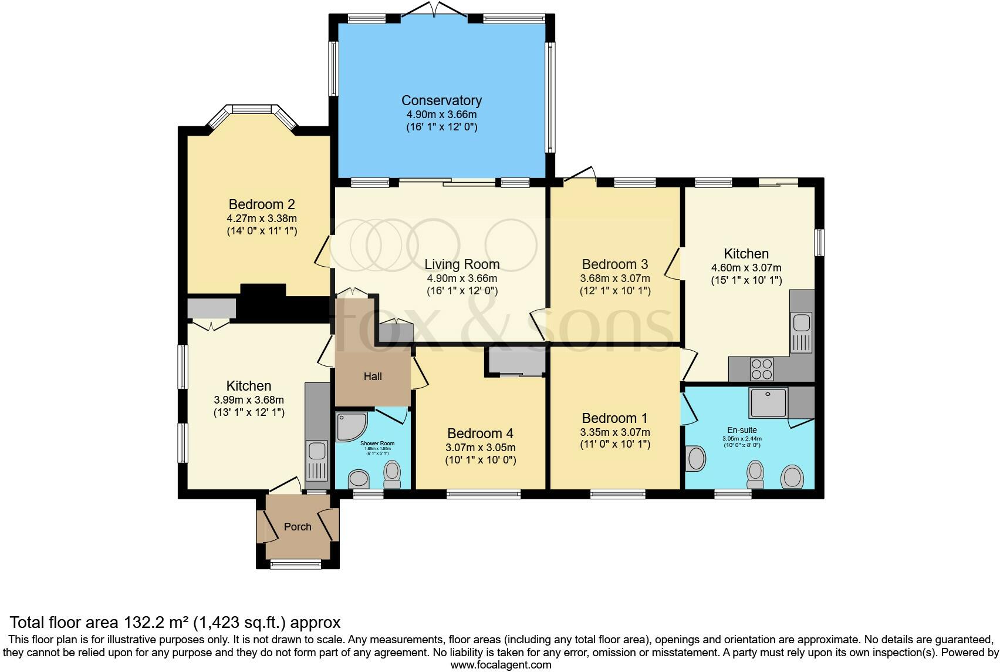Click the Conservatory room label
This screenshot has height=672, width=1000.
[441, 100]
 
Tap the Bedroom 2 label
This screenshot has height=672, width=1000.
[262, 204]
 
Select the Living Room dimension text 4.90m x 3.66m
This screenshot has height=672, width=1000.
[461, 278]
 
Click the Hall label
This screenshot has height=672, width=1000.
[373, 377]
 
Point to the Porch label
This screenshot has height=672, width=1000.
[298, 527]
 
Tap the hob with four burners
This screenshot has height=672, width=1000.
[762, 369]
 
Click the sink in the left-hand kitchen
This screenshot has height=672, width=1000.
[317, 451]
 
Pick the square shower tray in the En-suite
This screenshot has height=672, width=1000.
[768, 402]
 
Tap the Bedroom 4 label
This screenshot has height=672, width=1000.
[480, 434]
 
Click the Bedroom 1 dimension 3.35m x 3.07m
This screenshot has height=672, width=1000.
[615, 432]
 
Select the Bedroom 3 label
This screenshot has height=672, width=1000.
[615, 264]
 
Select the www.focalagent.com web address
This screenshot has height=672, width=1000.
[501, 665]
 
